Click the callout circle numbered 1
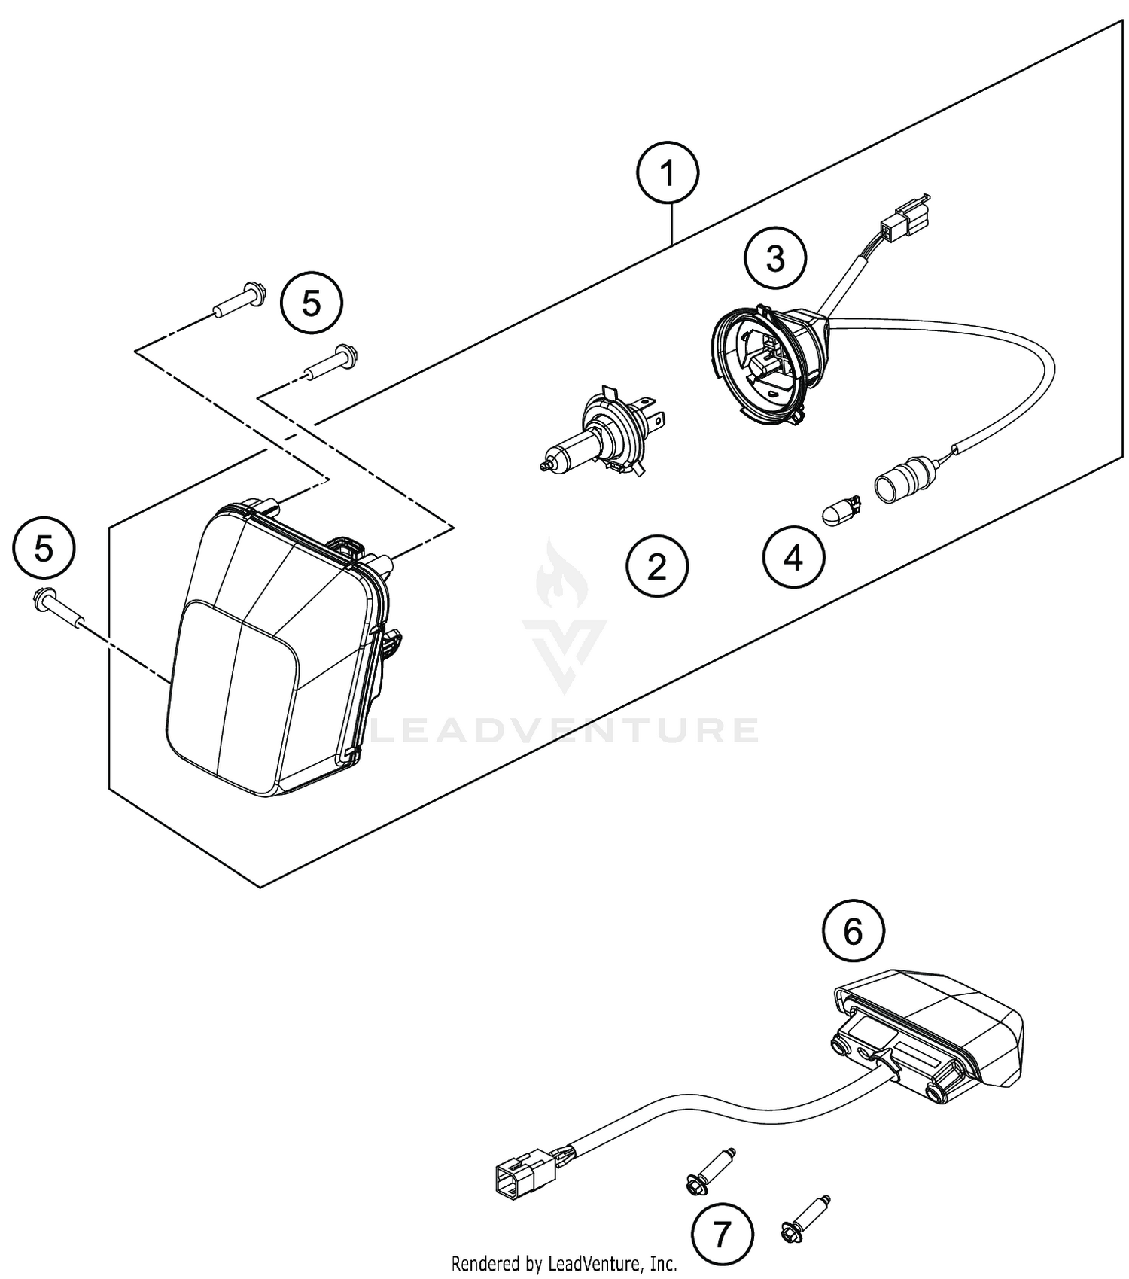(x=668, y=174)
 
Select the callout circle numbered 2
(x=657, y=566)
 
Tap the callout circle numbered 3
(x=775, y=258)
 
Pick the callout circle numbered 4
(x=793, y=559)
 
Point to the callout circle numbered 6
(x=853, y=932)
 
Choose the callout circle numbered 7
(x=722, y=1235)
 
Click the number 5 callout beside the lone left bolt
(x=44, y=548)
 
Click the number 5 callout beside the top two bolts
(x=311, y=303)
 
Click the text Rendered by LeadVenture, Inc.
(x=564, y=1262)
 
